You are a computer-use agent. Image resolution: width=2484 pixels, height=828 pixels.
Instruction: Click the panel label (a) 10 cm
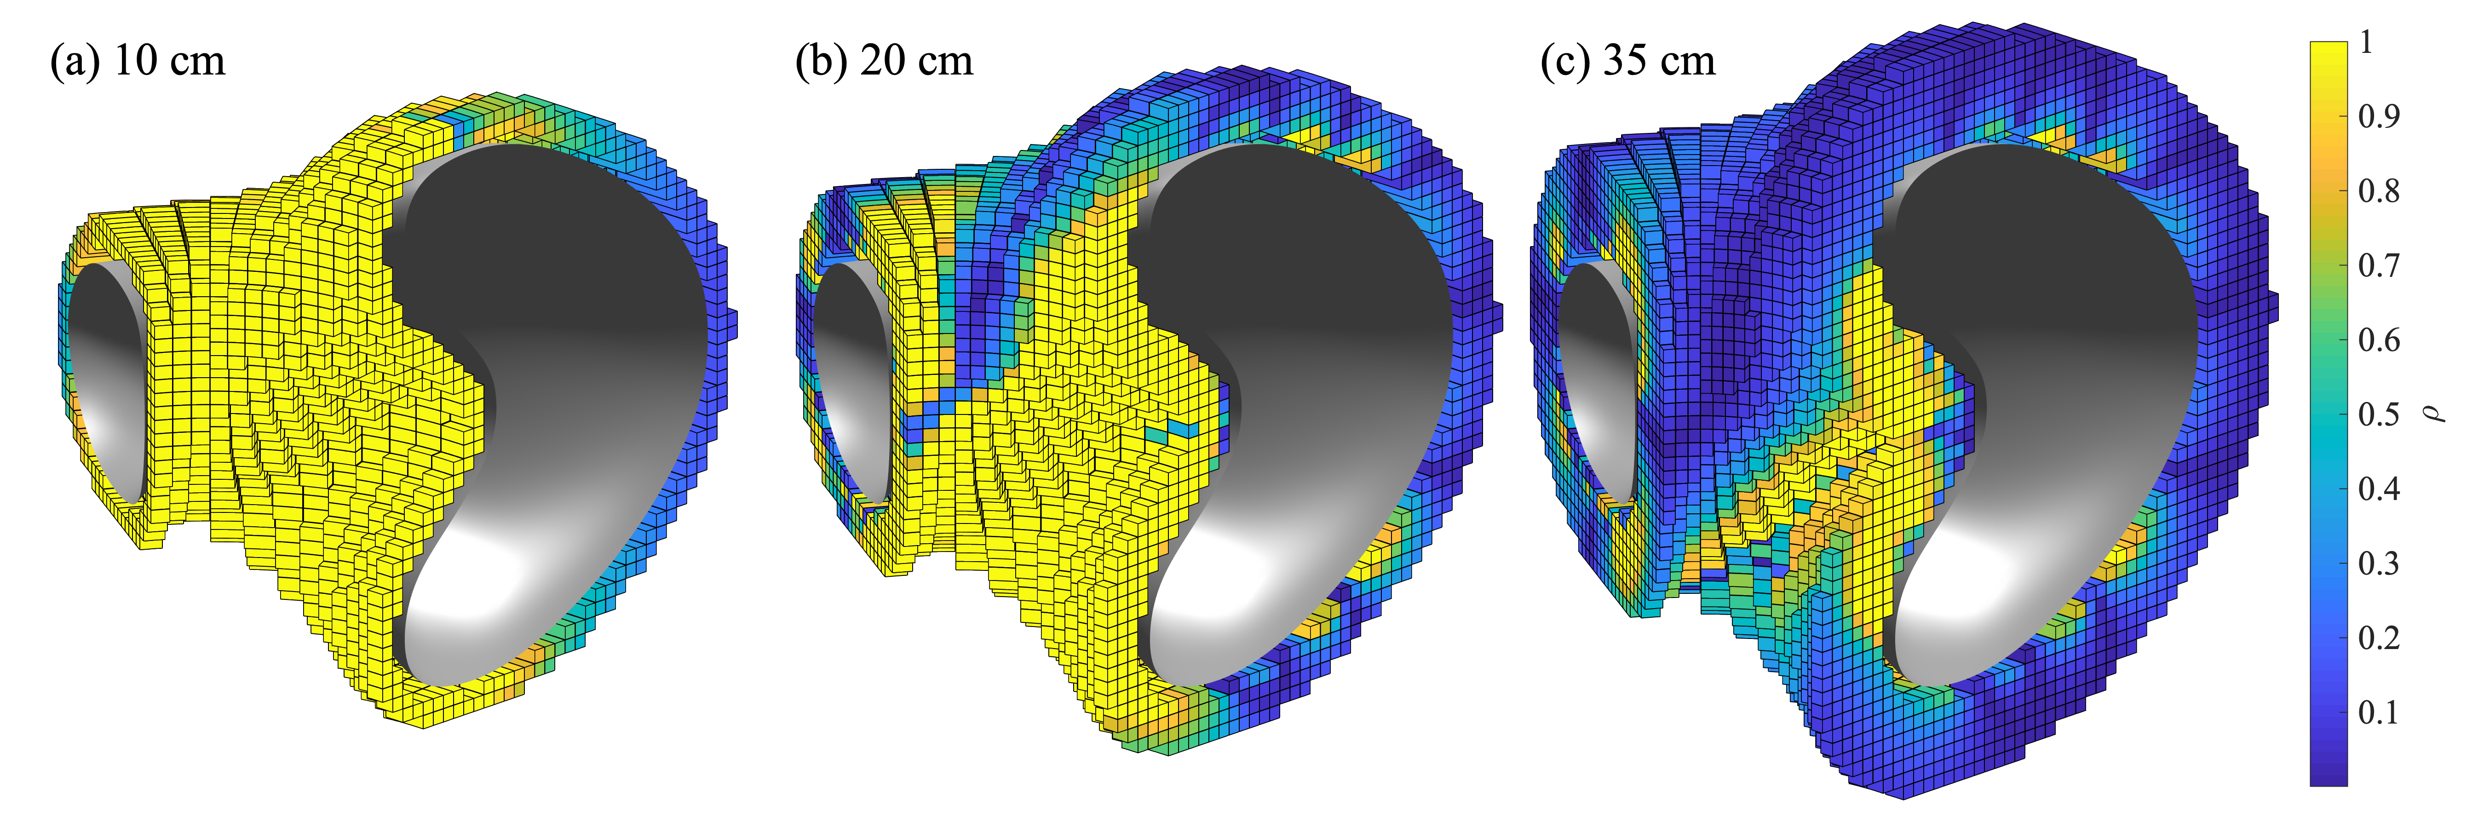tap(138, 61)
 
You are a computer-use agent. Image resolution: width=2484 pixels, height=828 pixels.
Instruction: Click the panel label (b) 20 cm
tap(884, 61)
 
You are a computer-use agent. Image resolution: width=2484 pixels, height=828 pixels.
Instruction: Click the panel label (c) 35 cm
tap(1629, 61)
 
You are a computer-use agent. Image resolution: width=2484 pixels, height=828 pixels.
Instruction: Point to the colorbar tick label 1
tap(2365, 42)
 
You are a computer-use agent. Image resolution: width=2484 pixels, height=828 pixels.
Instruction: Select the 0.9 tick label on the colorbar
tap(2379, 117)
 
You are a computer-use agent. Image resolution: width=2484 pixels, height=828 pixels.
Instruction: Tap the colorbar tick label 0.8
tap(2379, 191)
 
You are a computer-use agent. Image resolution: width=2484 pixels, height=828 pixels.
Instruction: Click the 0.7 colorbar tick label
tap(2379, 265)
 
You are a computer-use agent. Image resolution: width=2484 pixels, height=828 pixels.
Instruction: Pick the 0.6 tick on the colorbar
tap(2379, 340)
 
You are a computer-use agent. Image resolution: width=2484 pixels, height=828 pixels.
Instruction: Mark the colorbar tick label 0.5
tap(2379, 414)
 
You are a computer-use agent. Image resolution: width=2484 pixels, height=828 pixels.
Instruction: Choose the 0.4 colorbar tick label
tap(2379, 489)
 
